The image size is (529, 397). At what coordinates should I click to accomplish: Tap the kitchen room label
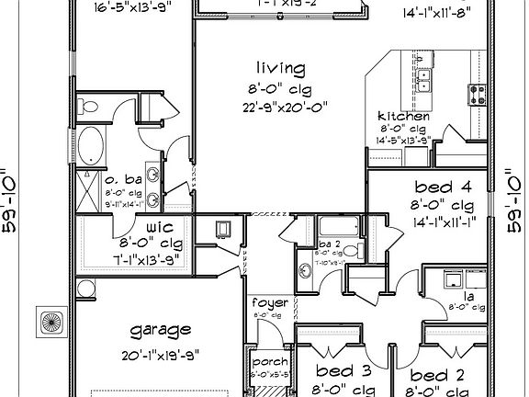(404, 117)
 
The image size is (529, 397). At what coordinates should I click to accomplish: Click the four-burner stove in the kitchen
(478, 92)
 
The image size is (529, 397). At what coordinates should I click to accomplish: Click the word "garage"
(161, 330)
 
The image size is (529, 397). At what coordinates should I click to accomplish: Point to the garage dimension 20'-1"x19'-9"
(161, 353)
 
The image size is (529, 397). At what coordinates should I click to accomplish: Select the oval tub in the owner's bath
(94, 147)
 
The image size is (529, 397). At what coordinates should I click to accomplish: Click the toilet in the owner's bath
(87, 108)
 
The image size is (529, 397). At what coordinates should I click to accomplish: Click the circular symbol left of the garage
(52, 322)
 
